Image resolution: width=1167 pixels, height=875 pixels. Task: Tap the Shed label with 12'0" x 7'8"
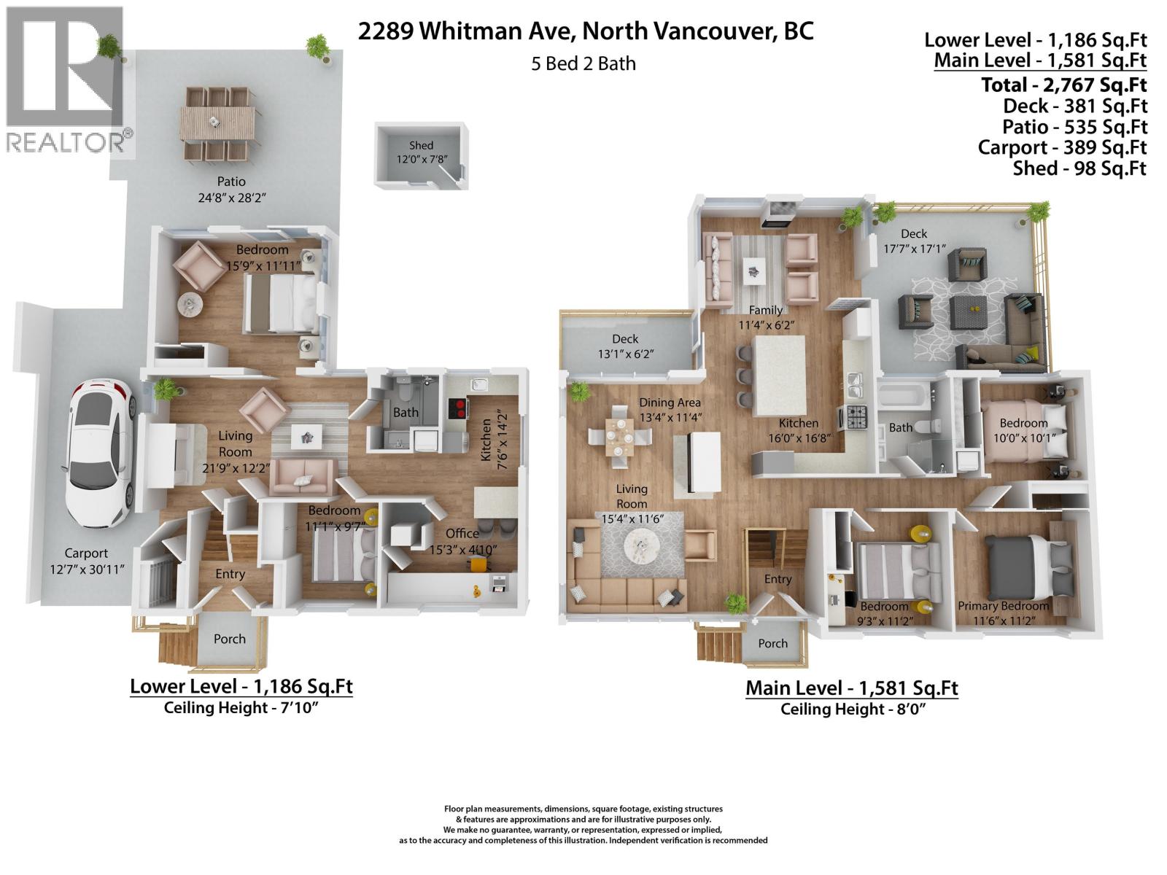click(421, 152)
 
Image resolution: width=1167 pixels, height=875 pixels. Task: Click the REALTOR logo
click(67, 80)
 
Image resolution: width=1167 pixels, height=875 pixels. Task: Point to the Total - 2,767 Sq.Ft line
click(1063, 85)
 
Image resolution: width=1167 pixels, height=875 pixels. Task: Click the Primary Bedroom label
click(1003, 607)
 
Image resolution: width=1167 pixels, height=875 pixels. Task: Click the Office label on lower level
click(462, 534)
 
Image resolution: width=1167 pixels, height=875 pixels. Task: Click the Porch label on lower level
click(229, 639)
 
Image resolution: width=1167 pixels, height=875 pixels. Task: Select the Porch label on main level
click(772, 643)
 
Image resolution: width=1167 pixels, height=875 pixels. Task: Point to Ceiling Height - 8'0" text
click(852, 709)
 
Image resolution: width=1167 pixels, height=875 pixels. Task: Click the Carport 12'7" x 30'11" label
click(86, 561)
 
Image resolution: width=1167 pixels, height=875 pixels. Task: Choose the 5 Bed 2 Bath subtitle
click(583, 64)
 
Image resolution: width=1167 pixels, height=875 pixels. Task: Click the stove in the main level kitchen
click(856, 417)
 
